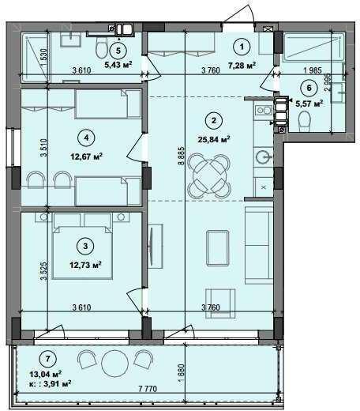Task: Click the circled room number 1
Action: [244, 45]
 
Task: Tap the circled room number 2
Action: [212, 121]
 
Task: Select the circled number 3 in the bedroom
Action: [86, 244]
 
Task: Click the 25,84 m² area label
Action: [213, 139]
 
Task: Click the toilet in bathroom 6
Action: [305, 119]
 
